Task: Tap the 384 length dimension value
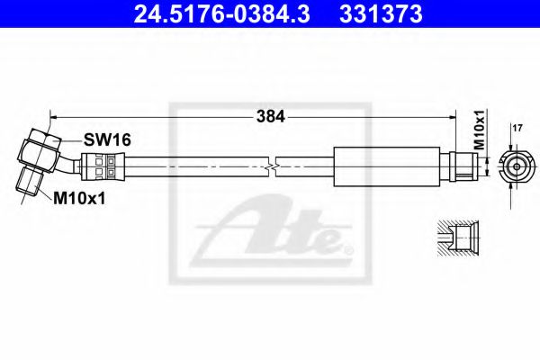coord(270,116)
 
